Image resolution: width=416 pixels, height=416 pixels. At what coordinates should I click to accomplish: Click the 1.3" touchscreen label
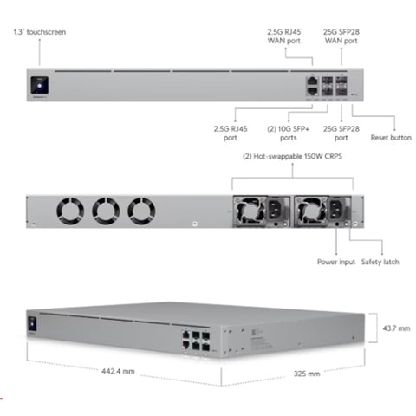pos(40,32)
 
